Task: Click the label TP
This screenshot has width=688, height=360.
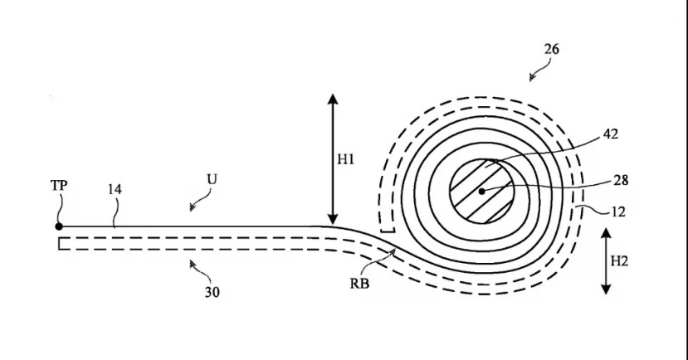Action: tap(59, 186)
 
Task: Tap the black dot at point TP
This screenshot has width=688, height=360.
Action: tap(59, 226)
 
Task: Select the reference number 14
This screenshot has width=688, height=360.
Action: tap(115, 189)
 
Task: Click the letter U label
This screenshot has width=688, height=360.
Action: tap(212, 179)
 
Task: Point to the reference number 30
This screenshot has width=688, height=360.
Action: tap(212, 293)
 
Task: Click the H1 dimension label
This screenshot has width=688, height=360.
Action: tap(345, 159)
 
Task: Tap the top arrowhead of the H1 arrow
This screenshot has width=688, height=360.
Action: tap(333, 99)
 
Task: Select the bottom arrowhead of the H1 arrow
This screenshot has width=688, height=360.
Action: tap(333, 219)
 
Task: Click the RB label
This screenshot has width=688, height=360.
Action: tap(359, 284)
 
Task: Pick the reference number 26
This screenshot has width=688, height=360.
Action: tap(552, 49)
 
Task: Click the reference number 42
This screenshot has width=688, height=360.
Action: tap(610, 134)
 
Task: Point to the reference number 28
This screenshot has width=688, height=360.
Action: tap(621, 180)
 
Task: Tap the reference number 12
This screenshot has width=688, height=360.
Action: tap(617, 212)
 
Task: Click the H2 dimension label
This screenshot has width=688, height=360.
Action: tap(619, 261)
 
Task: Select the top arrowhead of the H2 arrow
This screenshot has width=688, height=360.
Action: tap(606, 233)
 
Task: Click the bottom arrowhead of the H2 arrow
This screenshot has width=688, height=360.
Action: tap(606, 289)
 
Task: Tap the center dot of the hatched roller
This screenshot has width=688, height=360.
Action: tap(482, 191)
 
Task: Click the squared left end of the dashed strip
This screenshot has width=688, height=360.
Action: tap(59, 243)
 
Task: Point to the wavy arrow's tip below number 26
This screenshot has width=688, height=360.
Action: tap(531, 80)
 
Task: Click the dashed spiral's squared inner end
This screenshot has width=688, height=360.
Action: tap(388, 231)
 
